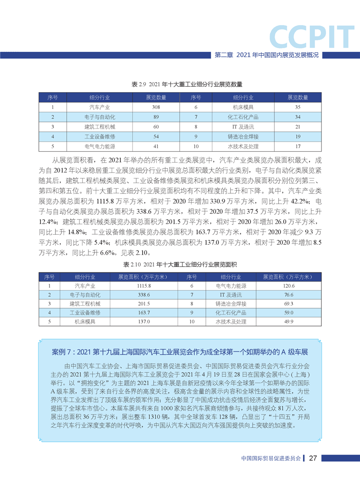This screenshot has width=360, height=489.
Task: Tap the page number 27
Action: point(312,458)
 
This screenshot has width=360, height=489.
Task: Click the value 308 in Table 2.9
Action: point(156,107)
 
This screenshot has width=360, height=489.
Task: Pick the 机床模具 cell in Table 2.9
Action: point(243,107)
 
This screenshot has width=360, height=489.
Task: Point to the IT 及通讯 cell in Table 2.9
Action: point(243,127)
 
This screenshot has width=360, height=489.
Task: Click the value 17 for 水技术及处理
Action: point(298,146)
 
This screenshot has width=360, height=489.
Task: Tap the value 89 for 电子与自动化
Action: point(156,117)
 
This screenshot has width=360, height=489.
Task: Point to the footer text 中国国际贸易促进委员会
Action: point(271,458)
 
